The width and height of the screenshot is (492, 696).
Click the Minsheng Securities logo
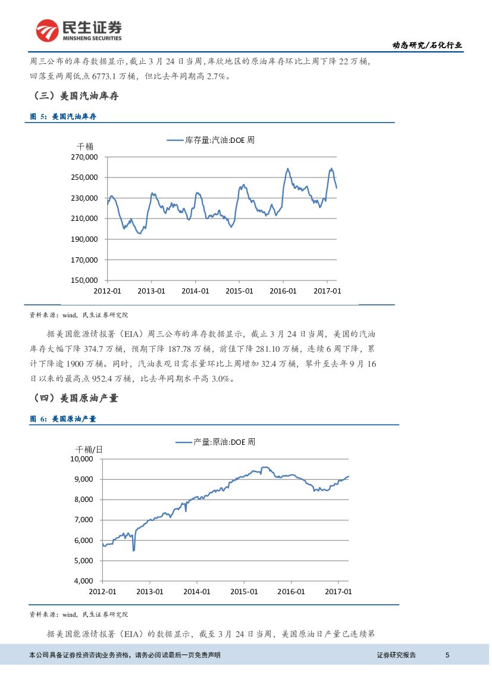[79, 30]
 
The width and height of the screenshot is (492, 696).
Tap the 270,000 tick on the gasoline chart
[84, 157]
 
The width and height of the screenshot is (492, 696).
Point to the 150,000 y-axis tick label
[84, 280]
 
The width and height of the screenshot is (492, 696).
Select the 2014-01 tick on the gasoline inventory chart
[195, 291]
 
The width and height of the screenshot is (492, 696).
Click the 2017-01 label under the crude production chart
[338, 591]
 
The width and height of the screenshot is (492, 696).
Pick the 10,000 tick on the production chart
[83, 459]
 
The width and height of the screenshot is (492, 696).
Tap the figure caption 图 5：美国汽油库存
[62, 117]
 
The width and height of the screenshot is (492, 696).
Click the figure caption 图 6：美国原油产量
[62, 419]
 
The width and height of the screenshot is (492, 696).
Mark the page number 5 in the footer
[447, 655]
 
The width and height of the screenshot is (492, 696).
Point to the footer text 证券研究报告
[396, 655]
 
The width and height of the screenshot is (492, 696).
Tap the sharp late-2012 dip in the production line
[133, 550]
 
